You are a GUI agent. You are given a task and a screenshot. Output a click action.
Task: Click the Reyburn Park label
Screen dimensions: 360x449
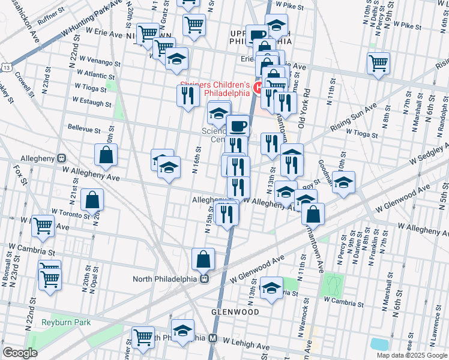66,322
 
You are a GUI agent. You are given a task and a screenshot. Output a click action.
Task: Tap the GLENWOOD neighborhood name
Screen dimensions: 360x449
235,313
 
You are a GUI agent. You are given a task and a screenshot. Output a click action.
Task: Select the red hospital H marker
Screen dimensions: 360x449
258,89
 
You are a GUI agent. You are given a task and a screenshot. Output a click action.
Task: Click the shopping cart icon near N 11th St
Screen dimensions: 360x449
378,63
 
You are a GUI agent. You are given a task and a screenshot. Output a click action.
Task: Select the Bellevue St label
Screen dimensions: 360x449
83,128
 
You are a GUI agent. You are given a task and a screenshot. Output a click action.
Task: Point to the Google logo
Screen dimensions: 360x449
20,353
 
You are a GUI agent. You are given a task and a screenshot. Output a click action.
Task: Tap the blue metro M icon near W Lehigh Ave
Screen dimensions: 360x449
212,338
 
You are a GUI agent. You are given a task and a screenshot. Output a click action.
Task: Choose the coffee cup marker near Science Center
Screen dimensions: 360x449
238,125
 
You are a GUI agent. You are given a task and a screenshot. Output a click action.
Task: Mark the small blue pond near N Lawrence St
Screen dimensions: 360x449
379,344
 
